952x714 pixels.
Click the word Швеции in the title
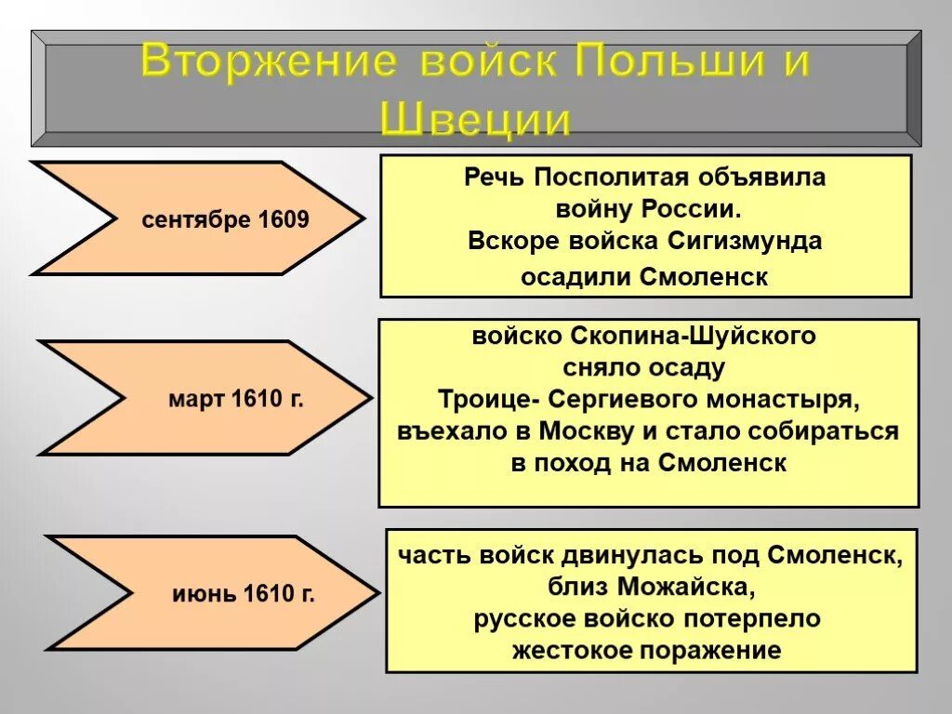pyautogui.click(x=475, y=120)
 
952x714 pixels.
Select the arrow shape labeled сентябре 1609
pyautogui.click(x=197, y=218)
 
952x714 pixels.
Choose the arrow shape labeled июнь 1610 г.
pyautogui.click(x=212, y=592)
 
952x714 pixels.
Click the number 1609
pyautogui.click(x=284, y=220)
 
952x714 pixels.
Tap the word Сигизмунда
pyautogui.click(x=745, y=241)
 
